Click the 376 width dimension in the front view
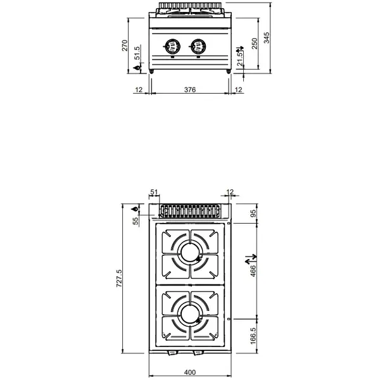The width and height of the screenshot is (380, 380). click(x=189, y=90)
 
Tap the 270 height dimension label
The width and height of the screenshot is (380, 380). click(x=125, y=46)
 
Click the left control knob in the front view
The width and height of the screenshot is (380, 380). click(x=171, y=46)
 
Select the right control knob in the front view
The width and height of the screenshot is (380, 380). click(x=197, y=46)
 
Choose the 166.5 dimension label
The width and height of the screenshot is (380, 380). click(x=253, y=334)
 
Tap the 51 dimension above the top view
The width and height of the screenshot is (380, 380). click(x=153, y=192)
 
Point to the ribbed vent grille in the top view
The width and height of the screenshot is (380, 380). click(x=189, y=211)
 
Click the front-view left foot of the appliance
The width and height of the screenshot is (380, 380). click(x=152, y=74)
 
